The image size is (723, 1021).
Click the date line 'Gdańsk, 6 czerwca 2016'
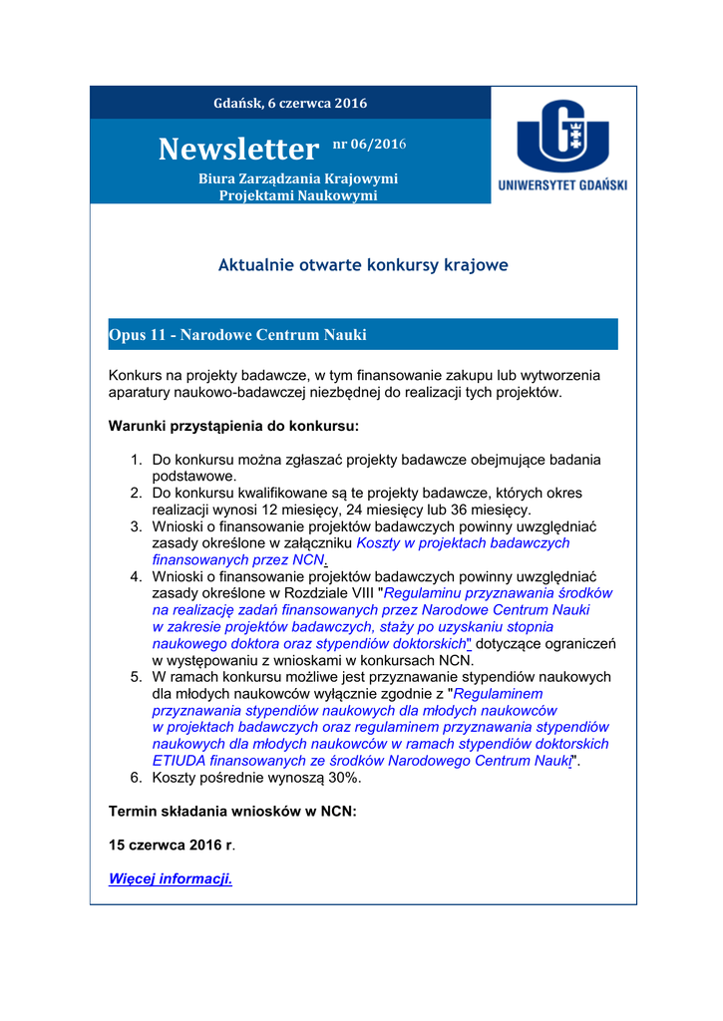point(290,103)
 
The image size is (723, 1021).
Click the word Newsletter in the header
point(237,150)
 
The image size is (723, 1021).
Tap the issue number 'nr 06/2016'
point(369,145)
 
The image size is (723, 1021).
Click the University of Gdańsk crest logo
point(562,135)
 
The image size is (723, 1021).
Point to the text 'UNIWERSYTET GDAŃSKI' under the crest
point(562,185)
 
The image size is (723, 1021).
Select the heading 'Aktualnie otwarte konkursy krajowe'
point(363,265)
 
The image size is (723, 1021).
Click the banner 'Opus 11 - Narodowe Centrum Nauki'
point(237,335)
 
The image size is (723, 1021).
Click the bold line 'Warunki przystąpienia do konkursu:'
point(233,426)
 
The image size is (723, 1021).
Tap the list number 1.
point(137,460)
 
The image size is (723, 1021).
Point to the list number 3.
point(137,526)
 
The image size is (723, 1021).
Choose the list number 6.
point(137,778)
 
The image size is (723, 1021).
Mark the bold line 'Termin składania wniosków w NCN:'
point(231,812)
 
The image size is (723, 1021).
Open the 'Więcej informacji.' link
point(170,878)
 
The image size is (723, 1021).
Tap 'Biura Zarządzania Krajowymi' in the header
point(298,178)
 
